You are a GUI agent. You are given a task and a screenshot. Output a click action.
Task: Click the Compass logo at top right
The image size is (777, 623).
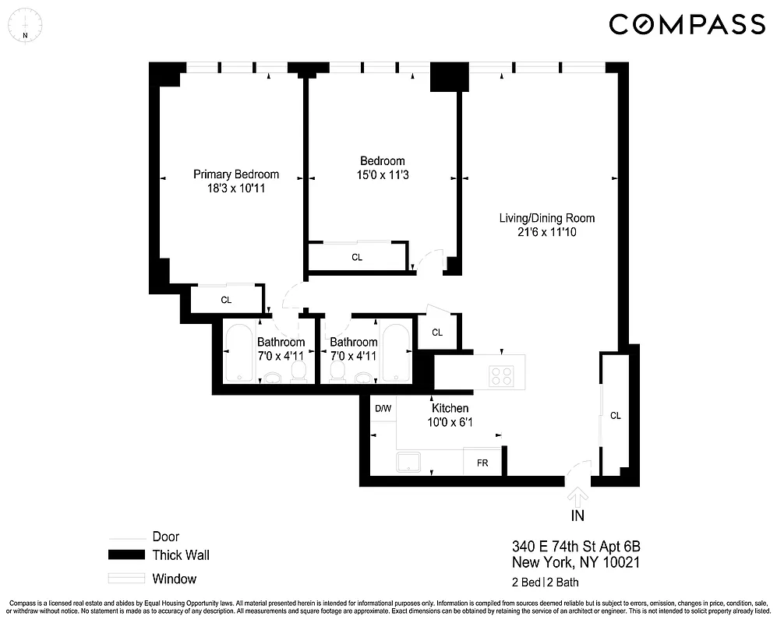click(x=686, y=25)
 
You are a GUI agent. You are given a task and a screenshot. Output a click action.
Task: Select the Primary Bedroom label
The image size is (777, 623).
click(x=236, y=174)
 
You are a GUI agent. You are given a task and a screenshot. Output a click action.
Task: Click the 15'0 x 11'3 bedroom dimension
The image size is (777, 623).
click(x=382, y=175)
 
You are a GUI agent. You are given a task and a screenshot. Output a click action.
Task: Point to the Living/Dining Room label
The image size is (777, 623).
click(x=541, y=218)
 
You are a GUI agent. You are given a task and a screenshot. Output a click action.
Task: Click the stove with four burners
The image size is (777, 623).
click(x=503, y=375)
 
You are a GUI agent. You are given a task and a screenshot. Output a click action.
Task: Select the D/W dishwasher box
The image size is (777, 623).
click(x=383, y=409)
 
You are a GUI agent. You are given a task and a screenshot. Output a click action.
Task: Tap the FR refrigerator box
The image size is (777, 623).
click(x=482, y=462)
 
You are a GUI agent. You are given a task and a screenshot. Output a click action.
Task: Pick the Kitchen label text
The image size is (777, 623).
click(x=450, y=408)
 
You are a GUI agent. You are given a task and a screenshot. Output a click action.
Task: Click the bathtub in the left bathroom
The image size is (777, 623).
click(x=236, y=352)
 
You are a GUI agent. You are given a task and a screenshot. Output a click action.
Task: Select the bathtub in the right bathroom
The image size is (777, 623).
click(x=396, y=352)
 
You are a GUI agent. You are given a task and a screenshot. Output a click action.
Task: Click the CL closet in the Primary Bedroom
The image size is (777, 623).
click(x=226, y=299)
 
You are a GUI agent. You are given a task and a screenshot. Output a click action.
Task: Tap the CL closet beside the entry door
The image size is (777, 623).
click(x=615, y=416)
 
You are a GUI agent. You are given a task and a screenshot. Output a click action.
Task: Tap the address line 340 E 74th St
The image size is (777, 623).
click(x=576, y=546)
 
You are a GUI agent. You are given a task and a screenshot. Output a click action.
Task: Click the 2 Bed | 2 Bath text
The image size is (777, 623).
click(x=545, y=582)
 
